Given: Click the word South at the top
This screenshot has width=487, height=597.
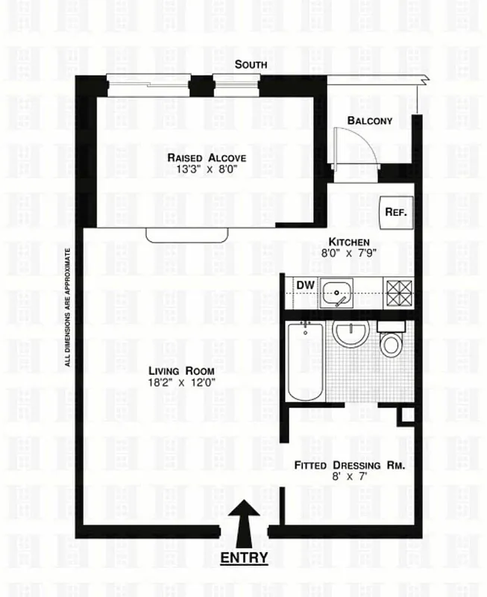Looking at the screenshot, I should coord(251,65).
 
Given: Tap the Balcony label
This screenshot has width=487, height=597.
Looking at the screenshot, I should coord(370,121).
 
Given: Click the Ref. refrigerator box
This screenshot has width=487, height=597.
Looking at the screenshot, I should coord(395,212).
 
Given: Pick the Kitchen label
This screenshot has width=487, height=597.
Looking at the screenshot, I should coord(350,242).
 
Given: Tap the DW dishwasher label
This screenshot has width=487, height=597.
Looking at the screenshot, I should coord(304,285).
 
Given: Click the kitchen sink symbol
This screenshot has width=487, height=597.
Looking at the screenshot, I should coord(340,293).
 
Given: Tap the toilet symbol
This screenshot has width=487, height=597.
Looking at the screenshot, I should coord(390,340).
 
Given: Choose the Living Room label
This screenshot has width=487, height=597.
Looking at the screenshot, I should coord(181,371).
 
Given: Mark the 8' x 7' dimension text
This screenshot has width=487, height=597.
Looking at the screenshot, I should coord(349,478).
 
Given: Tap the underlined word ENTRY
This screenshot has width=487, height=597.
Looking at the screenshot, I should coord(244,557).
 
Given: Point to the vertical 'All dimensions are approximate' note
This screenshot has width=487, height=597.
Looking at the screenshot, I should coord(68,307).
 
